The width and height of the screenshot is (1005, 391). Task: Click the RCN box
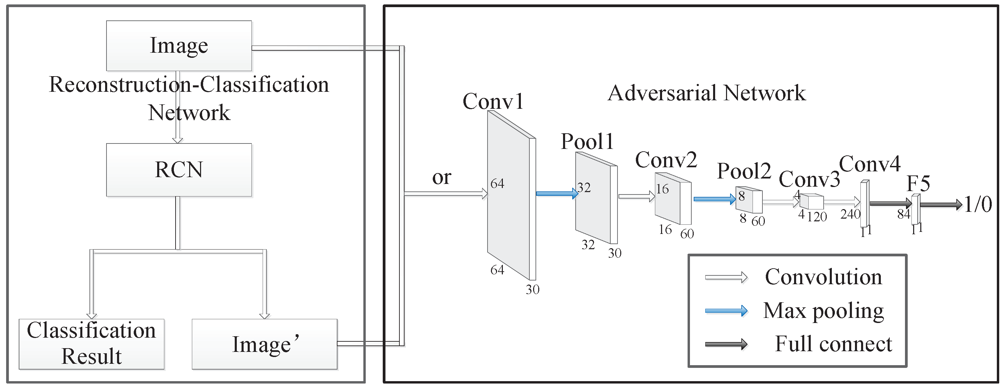pos(179,170)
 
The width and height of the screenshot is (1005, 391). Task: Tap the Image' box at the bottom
pos(264,344)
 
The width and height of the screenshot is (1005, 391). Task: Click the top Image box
pos(179,46)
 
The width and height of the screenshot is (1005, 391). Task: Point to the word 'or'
pos(441,178)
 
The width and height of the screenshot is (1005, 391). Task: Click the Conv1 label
pos(492,101)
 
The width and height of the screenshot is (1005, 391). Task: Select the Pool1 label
pos(587,141)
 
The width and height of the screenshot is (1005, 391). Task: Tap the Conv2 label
pos(665,160)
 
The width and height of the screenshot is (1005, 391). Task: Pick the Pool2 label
pos(744,171)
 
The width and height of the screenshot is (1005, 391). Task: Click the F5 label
pos(918,183)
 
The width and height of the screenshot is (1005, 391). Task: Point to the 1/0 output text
pos(978,204)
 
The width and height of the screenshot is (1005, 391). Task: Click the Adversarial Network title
pos(707,93)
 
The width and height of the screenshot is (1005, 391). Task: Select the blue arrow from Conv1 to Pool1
pos(556,193)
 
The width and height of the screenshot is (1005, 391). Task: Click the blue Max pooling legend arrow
pos(726,311)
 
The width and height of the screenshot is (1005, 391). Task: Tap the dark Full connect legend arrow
pos(726,344)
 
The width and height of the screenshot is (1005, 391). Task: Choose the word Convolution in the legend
pos(823,277)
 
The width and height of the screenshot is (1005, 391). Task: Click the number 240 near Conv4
pos(850,214)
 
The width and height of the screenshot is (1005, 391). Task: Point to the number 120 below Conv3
pos(817,217)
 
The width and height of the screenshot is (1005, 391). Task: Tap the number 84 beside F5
pos(903,214)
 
